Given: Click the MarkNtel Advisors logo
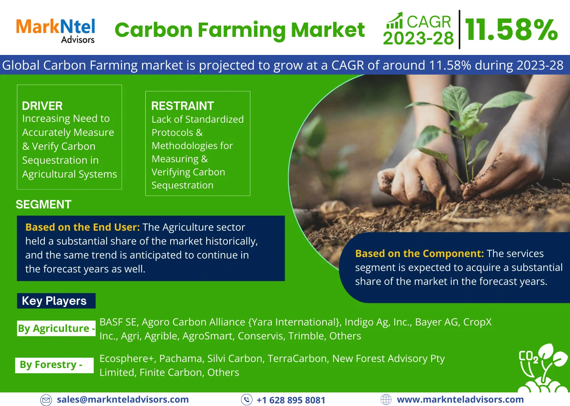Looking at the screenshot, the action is pos(55,31).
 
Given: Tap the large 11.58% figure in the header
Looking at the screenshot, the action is pos(511,30).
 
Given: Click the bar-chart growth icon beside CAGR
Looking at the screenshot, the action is pos(395,20).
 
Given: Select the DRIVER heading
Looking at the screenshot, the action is pos(42,106).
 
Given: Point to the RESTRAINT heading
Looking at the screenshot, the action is pos(183,106).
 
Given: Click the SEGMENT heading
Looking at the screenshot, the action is pos(44,204).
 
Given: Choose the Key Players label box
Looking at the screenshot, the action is pos(56,301).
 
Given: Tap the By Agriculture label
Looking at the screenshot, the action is pos(56,328).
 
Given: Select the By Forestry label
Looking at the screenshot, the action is pos(54,365).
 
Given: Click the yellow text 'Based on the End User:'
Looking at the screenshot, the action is pos(82,227).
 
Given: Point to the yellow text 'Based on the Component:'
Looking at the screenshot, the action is pos(419,254).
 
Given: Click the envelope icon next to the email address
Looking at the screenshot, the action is pos(46,400).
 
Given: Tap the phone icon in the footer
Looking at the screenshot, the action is pos(247,400).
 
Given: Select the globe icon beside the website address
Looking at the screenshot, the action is pos(386,400).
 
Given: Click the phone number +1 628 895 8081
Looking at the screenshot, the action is pos(291,400).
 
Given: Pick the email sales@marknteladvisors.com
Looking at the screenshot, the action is pos(123,399).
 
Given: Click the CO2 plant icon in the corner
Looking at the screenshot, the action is pos(543,368).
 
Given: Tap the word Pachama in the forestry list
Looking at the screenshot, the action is pos(180,359).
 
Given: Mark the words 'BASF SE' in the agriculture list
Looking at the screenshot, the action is pos(118,322).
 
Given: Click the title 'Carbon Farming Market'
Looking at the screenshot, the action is pos(240,30).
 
